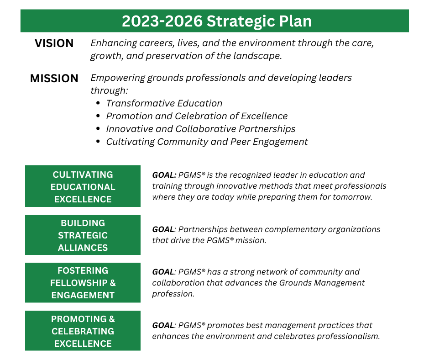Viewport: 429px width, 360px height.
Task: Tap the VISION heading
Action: [x=54, y=43]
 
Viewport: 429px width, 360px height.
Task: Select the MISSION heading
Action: [x=54, y=79]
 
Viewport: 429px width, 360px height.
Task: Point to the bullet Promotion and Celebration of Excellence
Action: [x=197, y=116]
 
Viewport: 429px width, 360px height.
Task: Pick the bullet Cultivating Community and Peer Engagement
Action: [x=207, y=142]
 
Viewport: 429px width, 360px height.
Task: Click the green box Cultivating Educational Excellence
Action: [x=83, y=187]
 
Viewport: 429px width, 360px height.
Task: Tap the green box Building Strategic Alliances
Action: [x=83, y=235]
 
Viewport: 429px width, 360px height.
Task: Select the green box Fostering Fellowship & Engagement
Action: [x=83, y=283]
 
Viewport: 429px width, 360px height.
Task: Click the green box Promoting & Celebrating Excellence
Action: [x=83, y=331]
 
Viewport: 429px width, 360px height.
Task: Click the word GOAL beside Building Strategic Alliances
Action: [x=163, y=229]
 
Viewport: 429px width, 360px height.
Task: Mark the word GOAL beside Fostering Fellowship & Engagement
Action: [x=163, y=272]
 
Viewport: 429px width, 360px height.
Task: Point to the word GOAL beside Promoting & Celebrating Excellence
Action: [x=163, y=325]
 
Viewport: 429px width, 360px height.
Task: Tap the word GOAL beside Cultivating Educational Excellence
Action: [x=164, y=175]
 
